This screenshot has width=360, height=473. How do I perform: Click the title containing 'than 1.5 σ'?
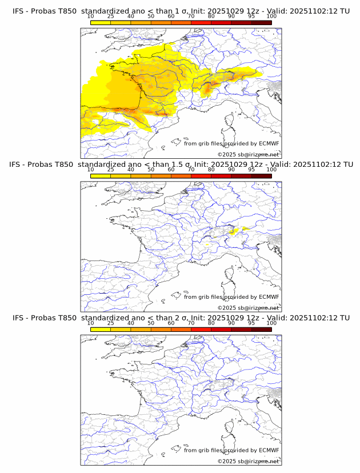pyautogui.click(x=181, y=165)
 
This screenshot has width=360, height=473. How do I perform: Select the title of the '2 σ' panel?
pyautogui.click(x=181, y=318)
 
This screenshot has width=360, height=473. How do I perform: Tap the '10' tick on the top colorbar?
pyautogui.click(x=90, y=16)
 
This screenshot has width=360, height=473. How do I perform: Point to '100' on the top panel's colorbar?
pyautogui.click(x=271, y=16)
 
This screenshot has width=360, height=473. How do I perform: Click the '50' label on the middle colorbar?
pyautogui.click(x=151, y=170)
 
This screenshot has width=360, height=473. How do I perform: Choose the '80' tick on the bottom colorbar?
pyautogui.click(x=211, y=323)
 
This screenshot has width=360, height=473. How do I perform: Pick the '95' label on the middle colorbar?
pyautogui.click(x=251, y=170)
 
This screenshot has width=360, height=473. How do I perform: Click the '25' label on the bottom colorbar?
pyautogui.click(x=110, y=323)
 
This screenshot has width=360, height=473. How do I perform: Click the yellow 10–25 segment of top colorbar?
pyautogui.click(x=101, y=22)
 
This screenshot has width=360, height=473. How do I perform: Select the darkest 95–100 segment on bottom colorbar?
pyautogui.click(x=262, y=330)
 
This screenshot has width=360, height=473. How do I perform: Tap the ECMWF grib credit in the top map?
pyautogui.click(x=231, y=143)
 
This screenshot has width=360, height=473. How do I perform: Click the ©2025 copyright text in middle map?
pyautogui.click(x=248, y=308)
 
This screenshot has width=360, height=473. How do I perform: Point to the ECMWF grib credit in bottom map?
pyautogui.click(x=231, y=450)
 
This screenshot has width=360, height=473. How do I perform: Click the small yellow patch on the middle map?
pyautogui.click(x=233, y=231)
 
